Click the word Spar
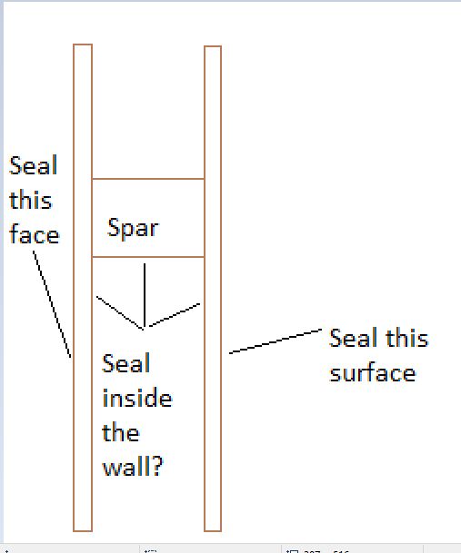click(133, 230)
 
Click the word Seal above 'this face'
click(34, 165)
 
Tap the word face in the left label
click(35, 233)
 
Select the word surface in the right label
click(373, 373)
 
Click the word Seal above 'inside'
click(126, 363)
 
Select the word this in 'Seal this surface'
click(407, 338)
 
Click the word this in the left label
click(31, 199)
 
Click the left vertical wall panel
click(83, 288)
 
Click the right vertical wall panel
click(213, 288)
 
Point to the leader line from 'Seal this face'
click(52, 304)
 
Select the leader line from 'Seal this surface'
click(276, 341)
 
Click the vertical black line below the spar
click(145, 295)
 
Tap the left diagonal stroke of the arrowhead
click(120, 313)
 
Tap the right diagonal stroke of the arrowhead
click(175, 314)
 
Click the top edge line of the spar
click(148, 179)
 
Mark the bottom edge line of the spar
click(148, 257)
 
